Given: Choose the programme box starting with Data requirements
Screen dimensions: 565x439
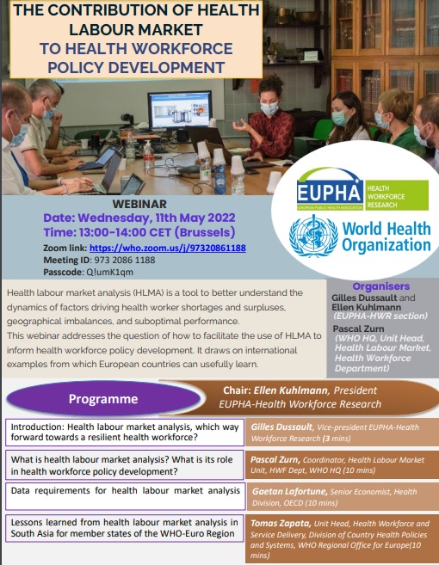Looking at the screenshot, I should click(123, 491).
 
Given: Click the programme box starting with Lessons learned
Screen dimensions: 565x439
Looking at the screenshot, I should click(123, 527).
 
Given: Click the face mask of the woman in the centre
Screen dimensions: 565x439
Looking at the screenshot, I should click(269, 109).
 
